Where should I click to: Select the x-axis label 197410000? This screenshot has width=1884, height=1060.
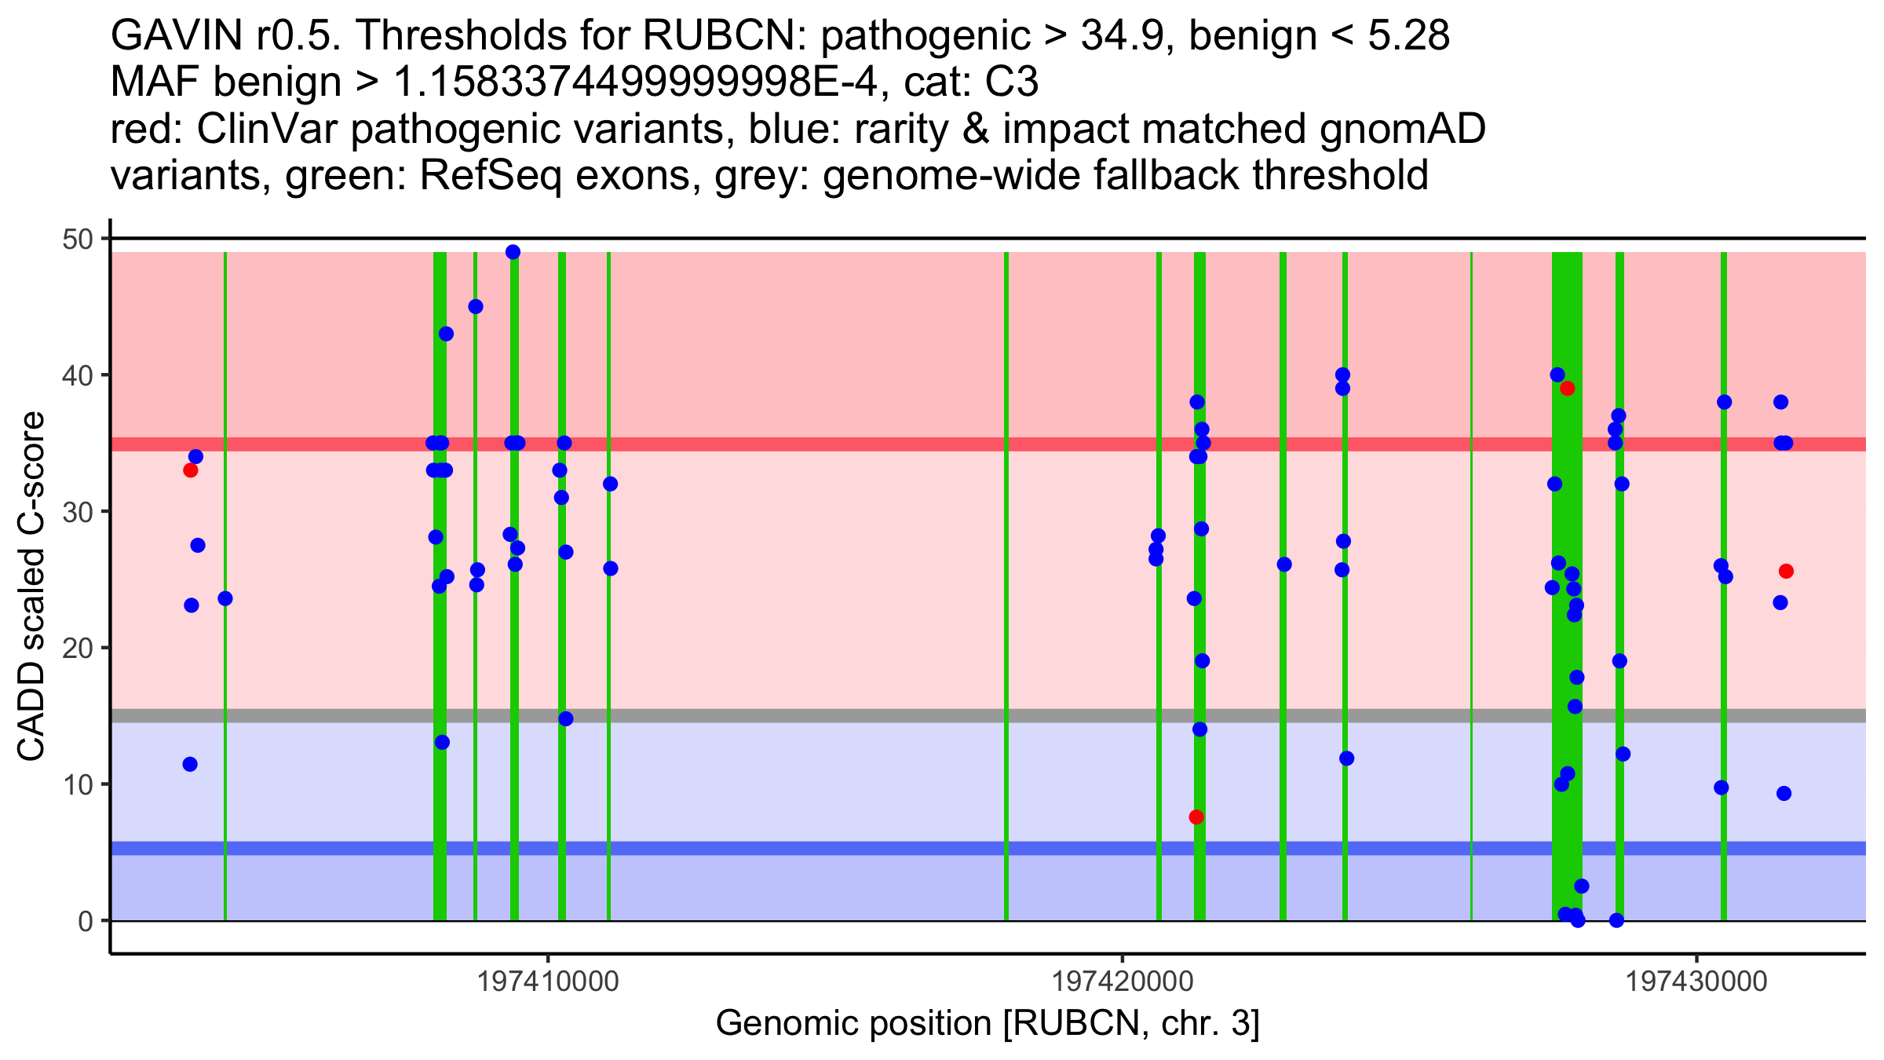[x=548, y=981]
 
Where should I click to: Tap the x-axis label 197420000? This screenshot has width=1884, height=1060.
[x=1123, y=981]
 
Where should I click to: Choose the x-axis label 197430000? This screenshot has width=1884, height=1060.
[x=1697, y=981]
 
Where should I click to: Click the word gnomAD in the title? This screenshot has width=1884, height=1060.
[x=1402, y=130]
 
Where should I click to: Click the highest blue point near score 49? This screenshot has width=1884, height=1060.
[x=513, y=252]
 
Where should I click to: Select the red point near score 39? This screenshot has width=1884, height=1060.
[x=1567, y=388]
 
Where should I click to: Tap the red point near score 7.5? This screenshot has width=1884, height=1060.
[x=1196, y=817]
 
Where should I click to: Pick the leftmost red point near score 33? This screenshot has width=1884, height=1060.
[x=190, y=470]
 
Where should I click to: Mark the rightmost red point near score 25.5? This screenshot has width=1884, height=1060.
[x=1786, y=571]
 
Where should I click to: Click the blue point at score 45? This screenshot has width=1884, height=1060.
[x=476, y=306]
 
